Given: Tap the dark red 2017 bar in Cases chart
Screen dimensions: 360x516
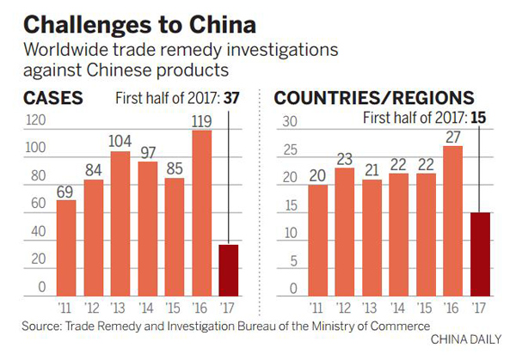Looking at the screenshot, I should pos(230,270).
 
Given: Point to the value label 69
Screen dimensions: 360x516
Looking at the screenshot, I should pos(66,189).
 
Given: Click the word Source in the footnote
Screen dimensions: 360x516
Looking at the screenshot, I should pos(42,326).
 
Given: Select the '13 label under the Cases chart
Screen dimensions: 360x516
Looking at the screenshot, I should pos(121,308).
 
